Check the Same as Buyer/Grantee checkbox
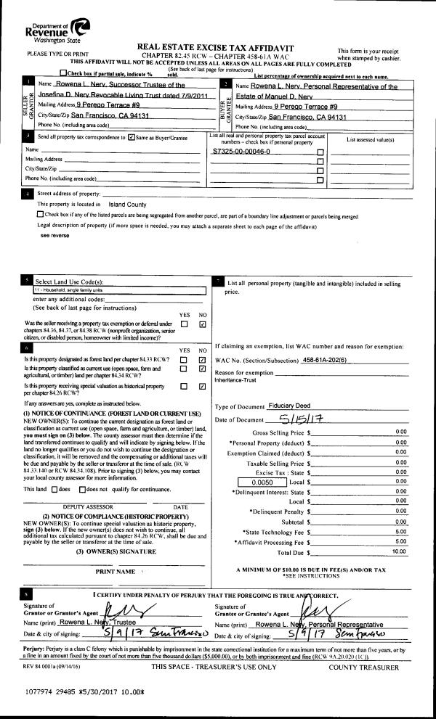click(x=131, y=136)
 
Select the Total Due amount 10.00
click(x=399, y=551)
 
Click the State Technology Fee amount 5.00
click(x=400, y=531)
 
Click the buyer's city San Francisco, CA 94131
click(x=307, y=116)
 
